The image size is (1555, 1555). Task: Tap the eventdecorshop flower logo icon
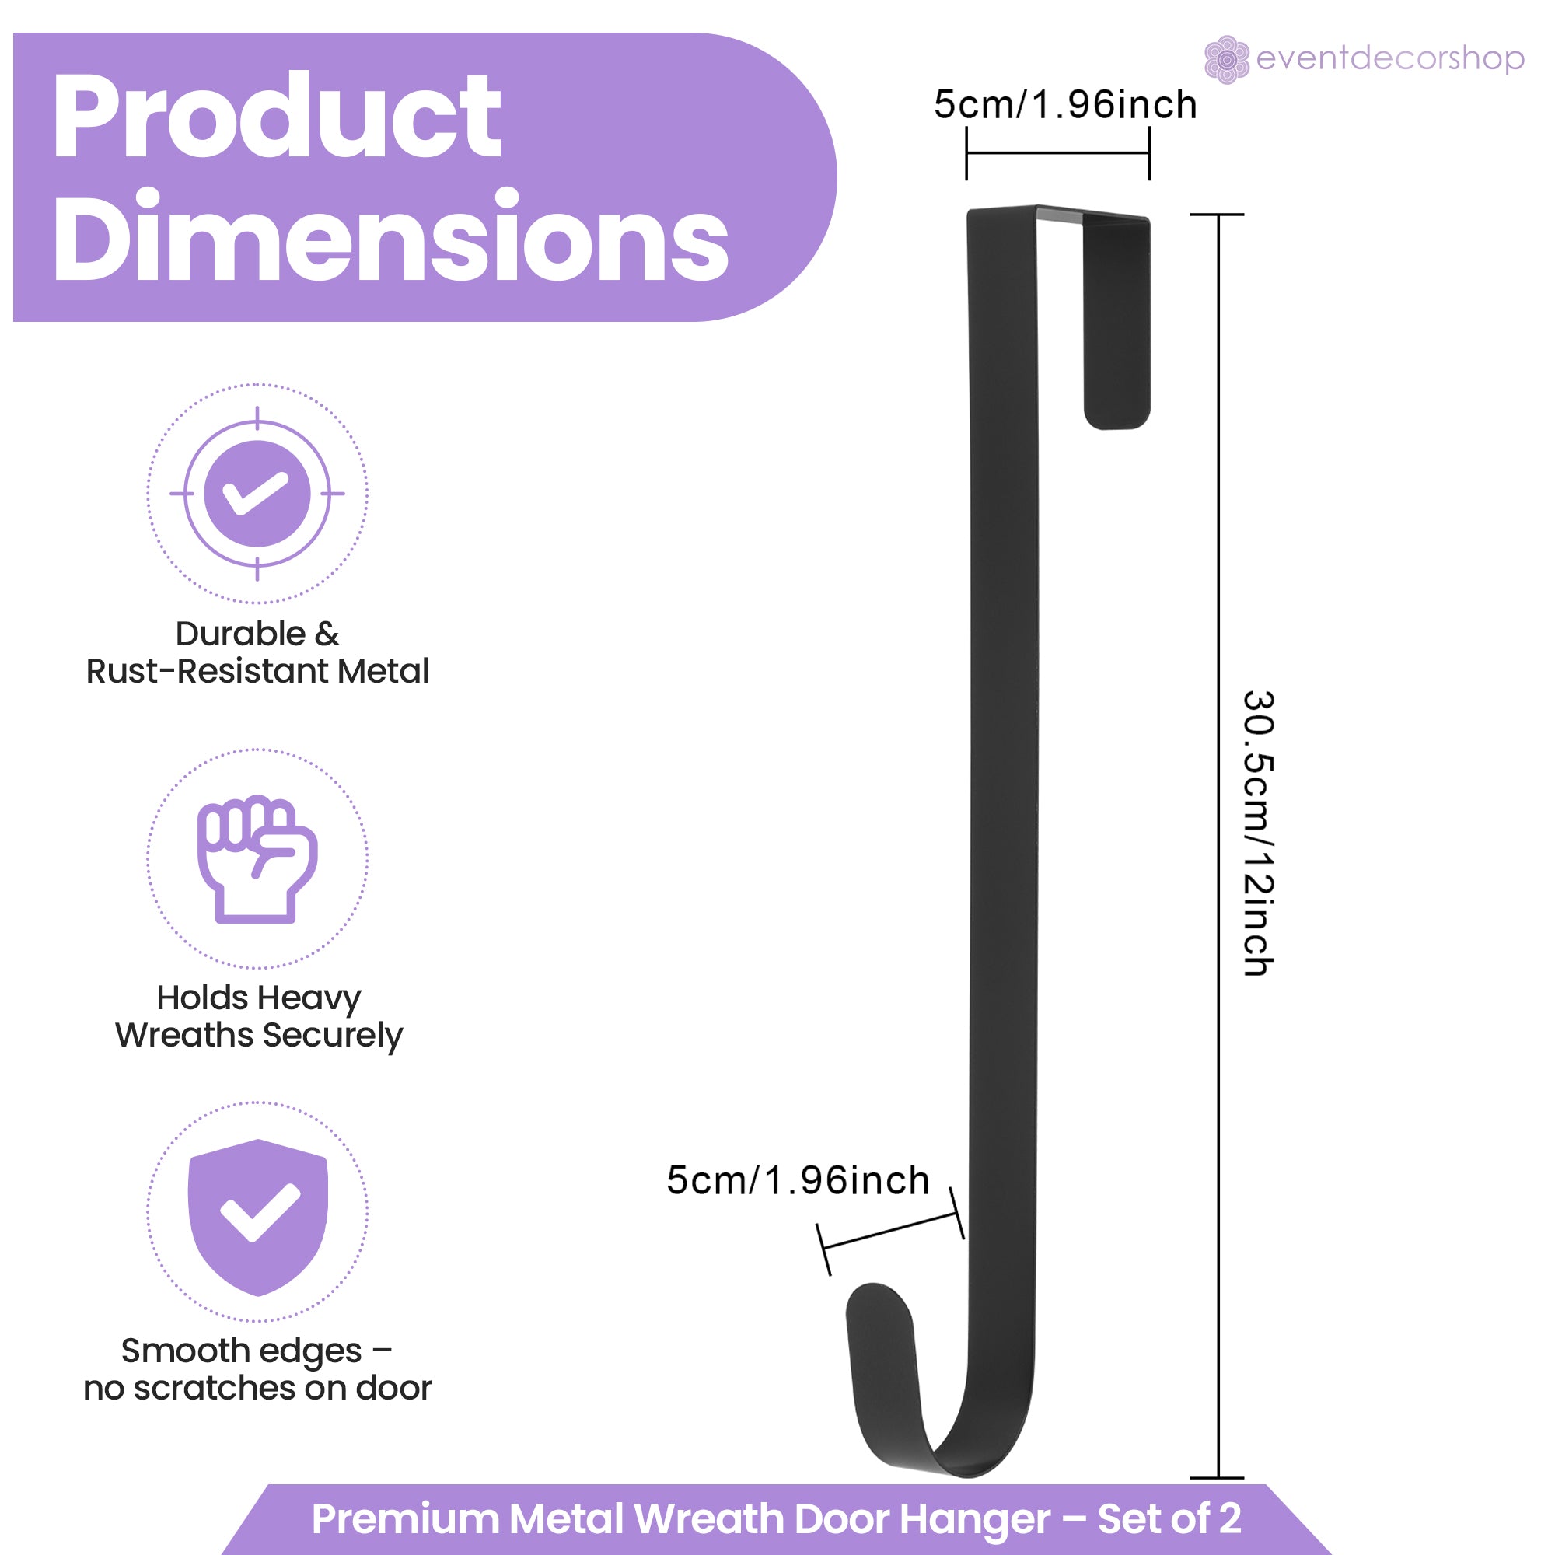1226,60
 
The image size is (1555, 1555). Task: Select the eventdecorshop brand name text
1390,59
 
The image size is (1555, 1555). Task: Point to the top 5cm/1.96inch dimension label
1065,105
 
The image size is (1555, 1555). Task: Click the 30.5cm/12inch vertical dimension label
1258,833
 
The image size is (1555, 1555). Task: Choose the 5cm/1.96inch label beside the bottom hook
798,1181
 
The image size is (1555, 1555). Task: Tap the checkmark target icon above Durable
257,494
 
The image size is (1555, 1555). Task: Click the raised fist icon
257,859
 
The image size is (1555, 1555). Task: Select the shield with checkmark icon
257,1217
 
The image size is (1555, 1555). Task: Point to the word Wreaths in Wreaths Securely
184,1035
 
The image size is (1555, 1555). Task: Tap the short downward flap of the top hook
1116,322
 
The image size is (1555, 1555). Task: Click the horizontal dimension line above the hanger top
1057,153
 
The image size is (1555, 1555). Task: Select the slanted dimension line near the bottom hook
891,1232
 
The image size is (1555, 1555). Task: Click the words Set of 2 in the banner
1169,1518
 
